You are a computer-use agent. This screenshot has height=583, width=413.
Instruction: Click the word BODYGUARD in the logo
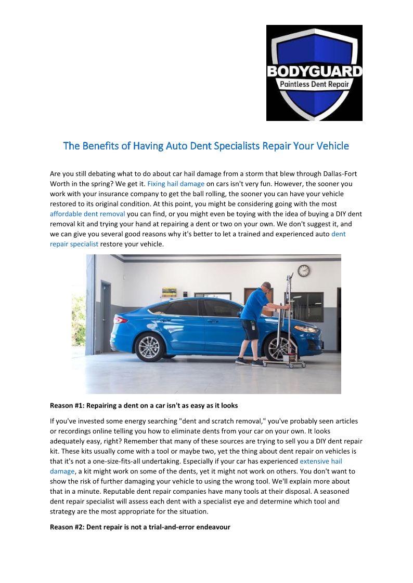(x=314, y=71)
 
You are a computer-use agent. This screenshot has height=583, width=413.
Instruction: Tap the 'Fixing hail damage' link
(x=176, y=183)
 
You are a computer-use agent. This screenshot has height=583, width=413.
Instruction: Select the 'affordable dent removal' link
(x=87, y=213)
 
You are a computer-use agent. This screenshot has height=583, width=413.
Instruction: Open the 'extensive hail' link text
(x=320, y=461)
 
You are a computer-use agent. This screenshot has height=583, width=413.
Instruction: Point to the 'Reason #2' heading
(x=140, y=527)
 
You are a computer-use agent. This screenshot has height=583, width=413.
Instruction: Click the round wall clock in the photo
(x=303, y=270)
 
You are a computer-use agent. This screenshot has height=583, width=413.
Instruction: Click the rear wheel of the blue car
(x=149, y=346)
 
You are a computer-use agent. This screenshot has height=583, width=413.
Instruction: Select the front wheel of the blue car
(x=278, y=347)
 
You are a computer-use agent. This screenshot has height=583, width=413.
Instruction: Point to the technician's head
(x=266, y=286)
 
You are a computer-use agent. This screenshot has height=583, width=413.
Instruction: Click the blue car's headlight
(x=307, y=329)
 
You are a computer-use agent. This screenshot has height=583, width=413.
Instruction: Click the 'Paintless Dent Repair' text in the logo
(x=314, y=85)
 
